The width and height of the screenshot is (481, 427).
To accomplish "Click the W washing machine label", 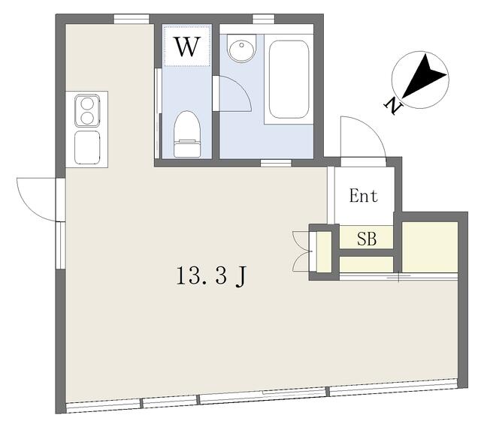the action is point(187,47).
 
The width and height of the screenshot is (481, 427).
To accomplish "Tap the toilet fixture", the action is point(187,134).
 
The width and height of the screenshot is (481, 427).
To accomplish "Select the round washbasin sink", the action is point(241,48).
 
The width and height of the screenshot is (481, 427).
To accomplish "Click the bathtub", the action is point(289,79).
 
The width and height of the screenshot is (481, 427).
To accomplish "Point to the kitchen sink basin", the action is point(87,148).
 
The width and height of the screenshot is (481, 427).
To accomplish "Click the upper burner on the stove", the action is point(87,104).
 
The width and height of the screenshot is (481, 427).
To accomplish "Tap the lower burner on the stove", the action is point(87,118).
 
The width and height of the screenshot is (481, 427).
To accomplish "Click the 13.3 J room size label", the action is point(211,276).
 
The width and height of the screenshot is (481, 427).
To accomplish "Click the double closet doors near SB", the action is point(302,251).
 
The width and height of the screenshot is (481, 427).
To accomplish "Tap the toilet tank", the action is point(187,149).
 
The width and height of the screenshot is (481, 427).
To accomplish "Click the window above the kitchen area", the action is point(132,19).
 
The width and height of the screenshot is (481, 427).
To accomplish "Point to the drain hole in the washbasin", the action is point(242,45).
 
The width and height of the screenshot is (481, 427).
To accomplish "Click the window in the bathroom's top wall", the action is point(264,19).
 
